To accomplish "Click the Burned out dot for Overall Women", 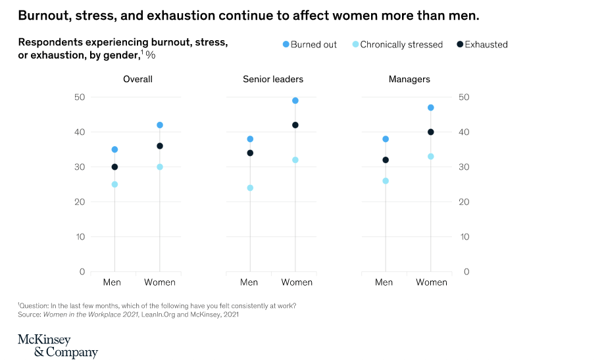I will pyautogui.click(x=159, y=125).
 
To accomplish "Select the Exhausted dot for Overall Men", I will pyautogui.click(x=114, y=167).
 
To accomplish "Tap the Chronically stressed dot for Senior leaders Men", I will pyautogui.click(x=249, y=188).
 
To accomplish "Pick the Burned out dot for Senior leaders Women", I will pyautogui.click(x=295, y=101).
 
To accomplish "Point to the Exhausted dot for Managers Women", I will pyautogui.click(x=431, y=132).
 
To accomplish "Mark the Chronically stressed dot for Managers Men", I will pyautogui.click(x=386, y=181).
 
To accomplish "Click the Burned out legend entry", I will pyautogui.click(x=309, y=45).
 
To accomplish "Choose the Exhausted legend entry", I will pyautogui.click(x=481, y=45).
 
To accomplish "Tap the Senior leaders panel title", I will pyautogui.click(x=273, y=80).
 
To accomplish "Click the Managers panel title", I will pyautogui.click(x=409, y=80).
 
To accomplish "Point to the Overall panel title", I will pyautogui.click(x=138, y=80).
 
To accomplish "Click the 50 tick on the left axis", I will pyautogui.click(x=80, y=97).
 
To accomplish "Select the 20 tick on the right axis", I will pyautogui.click(x=464, y=202).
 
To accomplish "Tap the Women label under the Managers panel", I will pyautogui.click(x=432, y=282).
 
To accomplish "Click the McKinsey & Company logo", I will pyautogui.click(x=57, y=346).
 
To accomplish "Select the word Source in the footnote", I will pyautogui.click(x=29, y=315).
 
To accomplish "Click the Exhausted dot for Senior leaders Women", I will pyautogui.click(x=295, y=125).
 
